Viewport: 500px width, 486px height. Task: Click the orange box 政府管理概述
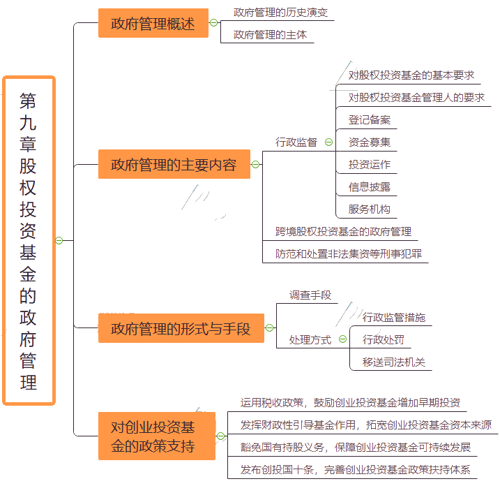[153, 23]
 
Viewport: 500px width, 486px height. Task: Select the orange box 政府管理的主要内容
[174, 165]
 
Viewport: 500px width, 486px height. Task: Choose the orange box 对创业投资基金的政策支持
[156, 436]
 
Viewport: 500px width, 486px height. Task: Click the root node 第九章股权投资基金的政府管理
[29, 240]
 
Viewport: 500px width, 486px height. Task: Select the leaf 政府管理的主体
[270, 34]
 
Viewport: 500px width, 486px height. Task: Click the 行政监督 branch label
[296, 142]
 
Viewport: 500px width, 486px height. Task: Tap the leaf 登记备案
[370, 119]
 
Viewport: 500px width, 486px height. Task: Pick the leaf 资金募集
[370, 142]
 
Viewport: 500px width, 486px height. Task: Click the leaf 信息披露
[370, 186]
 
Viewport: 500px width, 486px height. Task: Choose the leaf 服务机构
[370, 209]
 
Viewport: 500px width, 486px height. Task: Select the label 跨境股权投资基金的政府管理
[343, 231]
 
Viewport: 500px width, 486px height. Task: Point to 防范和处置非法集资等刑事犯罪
[348, 253]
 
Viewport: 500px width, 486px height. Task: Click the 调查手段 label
[310, 295]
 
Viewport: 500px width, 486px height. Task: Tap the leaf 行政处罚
[383, 339]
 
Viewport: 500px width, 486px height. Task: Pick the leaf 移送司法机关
[393, 362]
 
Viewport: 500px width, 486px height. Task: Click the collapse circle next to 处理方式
[342, 339]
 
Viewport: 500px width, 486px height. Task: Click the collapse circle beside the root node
[59, 240]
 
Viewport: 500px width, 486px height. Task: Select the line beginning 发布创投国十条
[356, 469]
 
